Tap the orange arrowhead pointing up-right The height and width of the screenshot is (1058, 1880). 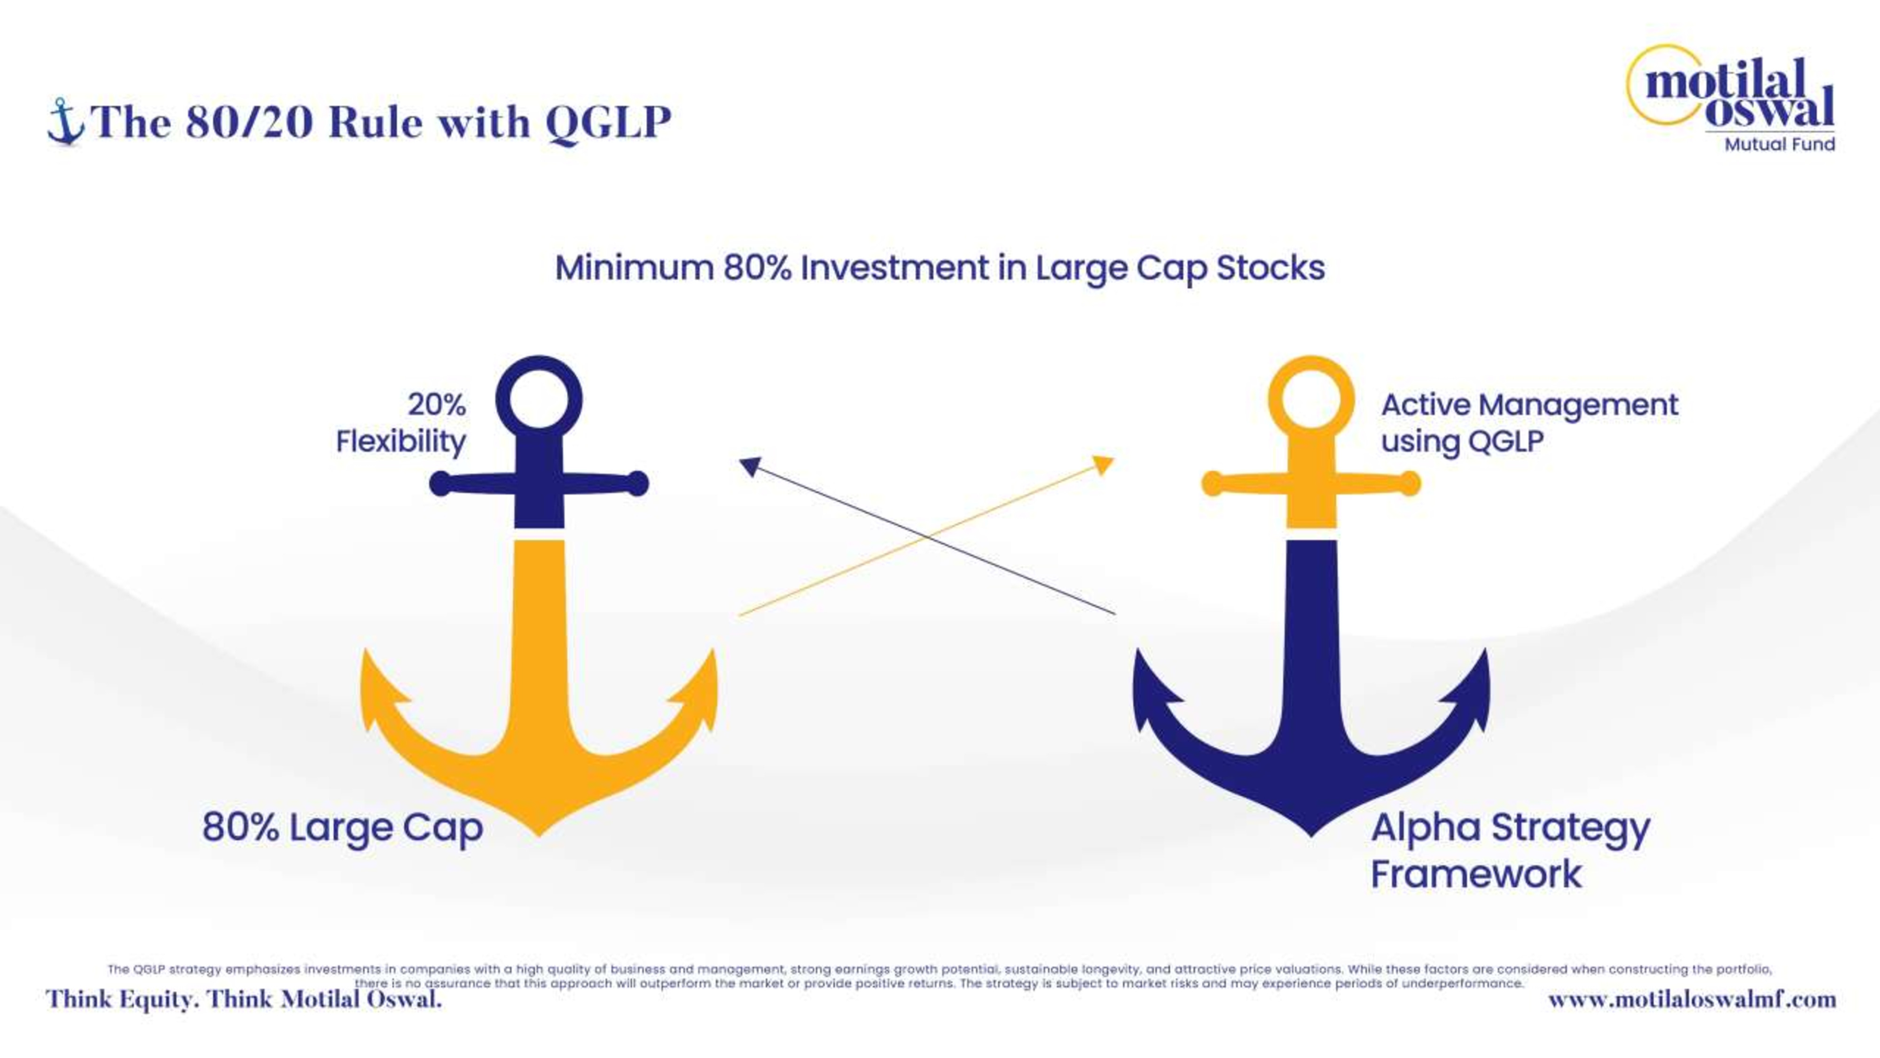(1104, 465)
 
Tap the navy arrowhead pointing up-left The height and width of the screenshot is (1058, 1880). (750, 466)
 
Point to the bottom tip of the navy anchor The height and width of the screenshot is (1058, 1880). (1311, 836)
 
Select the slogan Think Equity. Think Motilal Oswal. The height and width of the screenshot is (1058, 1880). (244, 999)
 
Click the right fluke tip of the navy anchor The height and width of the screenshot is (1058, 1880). (1486, 649)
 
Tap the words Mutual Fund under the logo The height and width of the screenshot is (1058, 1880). (1780, 144)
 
